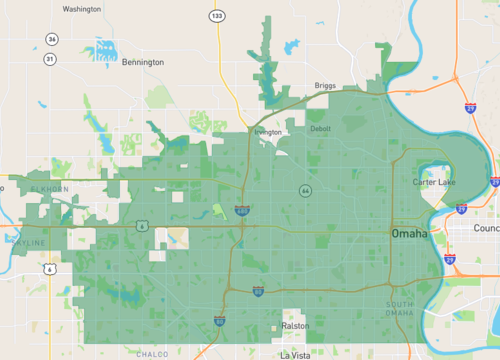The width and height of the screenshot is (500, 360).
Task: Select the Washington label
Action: tap(82, 9)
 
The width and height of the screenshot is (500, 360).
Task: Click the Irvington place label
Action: tap(268, 131)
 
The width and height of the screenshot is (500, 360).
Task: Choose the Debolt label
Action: tap(321, 129)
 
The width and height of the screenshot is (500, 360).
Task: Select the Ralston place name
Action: tap(296, 326)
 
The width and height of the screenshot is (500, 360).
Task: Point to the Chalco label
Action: tap(152, 353)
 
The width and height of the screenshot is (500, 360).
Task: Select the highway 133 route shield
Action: tap(217, 16)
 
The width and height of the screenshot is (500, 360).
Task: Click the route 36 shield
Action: tap(51, 39)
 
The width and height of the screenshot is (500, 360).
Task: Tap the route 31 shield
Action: tap(49, 59)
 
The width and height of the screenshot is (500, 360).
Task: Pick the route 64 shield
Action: tap(304, 190)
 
